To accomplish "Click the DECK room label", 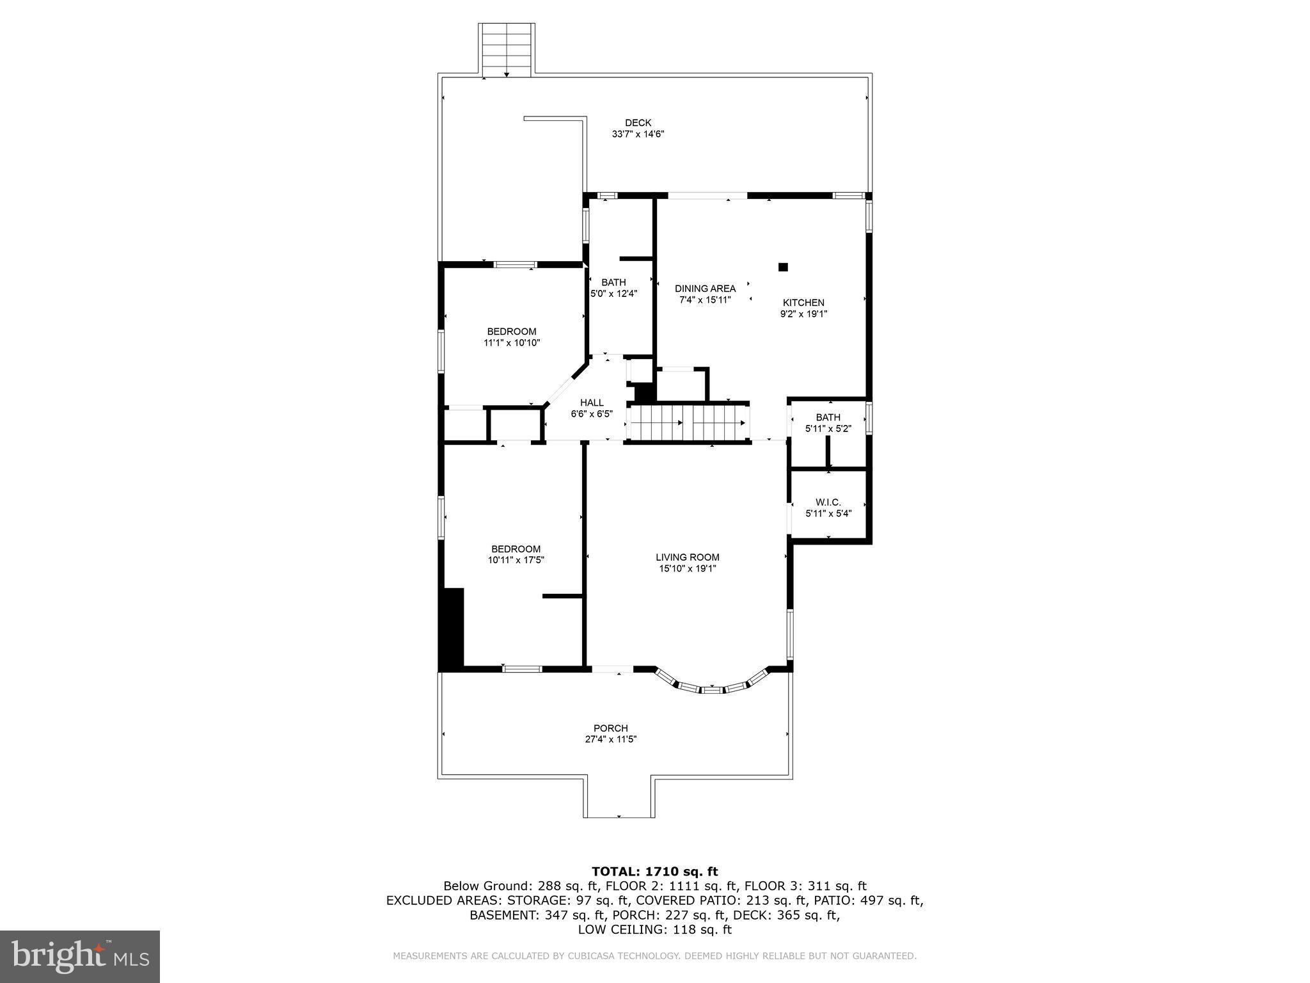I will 638,123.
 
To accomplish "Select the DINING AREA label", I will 705,289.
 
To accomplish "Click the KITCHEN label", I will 803,303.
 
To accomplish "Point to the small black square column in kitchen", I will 783,268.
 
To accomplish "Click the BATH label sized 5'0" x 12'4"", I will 613,282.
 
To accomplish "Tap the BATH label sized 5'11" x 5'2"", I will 828,417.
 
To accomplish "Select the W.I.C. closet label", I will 828,502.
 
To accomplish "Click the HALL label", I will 592,403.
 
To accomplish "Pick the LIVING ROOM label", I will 687,557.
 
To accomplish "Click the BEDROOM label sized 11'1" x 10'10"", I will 512,332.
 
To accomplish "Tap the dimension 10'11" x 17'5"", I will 516,560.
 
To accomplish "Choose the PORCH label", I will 610,728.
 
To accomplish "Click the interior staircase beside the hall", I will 687,423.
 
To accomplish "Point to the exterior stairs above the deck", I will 506,49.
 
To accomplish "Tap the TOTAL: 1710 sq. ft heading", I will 654,872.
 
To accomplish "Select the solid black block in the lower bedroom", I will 452,628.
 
